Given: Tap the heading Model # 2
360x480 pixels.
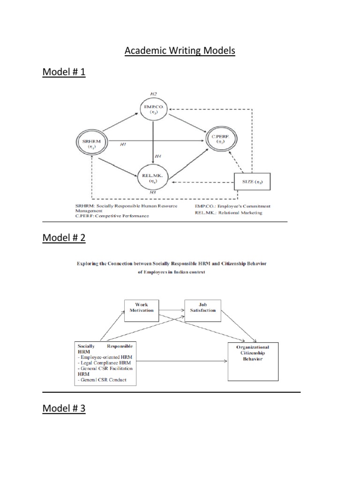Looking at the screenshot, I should [x=64, y=238].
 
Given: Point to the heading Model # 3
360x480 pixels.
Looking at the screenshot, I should [x=64, y=409].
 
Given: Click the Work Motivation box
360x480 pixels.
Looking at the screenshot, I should [x=142, y=310].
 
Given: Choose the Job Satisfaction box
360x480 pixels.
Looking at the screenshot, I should [x=202, y=310].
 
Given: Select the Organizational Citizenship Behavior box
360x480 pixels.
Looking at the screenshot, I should [x=256, y=359].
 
